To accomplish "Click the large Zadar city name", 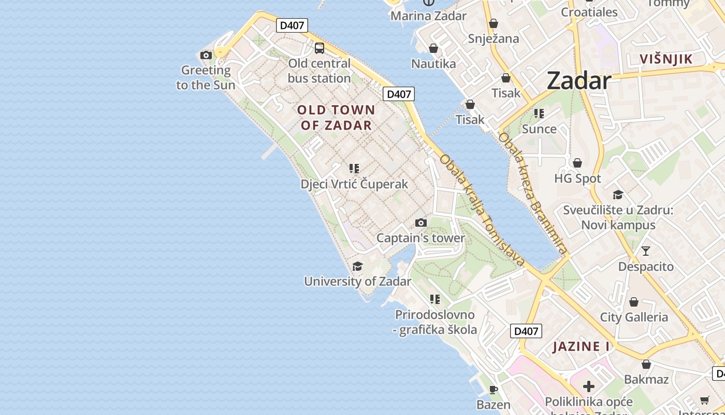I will click(579, 80).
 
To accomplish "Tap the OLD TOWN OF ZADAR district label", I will click(336, 117).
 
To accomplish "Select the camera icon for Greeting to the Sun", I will click(206, 55).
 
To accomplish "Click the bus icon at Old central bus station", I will click(320, 48).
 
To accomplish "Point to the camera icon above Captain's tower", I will click(421, 223).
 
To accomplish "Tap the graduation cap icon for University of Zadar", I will click(357, 267).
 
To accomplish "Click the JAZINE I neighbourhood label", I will click(581, 347).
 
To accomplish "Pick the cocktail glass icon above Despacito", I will click(646, 252).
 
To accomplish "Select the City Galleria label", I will click(634, 317).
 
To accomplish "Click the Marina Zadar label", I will click(428, 16).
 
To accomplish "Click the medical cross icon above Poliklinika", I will click(589, 386).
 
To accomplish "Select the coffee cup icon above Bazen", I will click(494, 390).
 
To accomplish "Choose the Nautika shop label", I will click(433, 64).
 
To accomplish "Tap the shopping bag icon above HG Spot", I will click(577, 163).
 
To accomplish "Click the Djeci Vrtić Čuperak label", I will click(354, 184).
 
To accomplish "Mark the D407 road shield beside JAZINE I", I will click(526, 331).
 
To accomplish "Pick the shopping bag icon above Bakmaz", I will click(646, 365).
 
